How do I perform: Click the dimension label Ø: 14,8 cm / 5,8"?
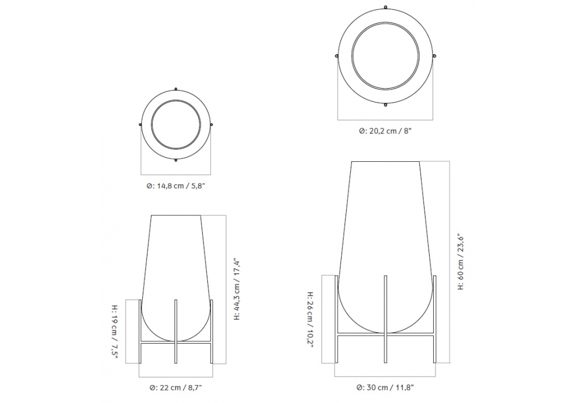tap(176, 186)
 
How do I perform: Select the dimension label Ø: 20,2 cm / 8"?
tap(385, 131)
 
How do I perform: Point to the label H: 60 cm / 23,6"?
tap(461, 262)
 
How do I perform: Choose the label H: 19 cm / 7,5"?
tap(115, 332)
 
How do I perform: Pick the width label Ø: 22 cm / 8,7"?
tap(176, 387)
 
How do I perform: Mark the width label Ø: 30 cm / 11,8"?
tap(385, 387)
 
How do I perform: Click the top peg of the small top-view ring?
tap(176, 89)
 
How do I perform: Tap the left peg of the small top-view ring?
tap(141, 124)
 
